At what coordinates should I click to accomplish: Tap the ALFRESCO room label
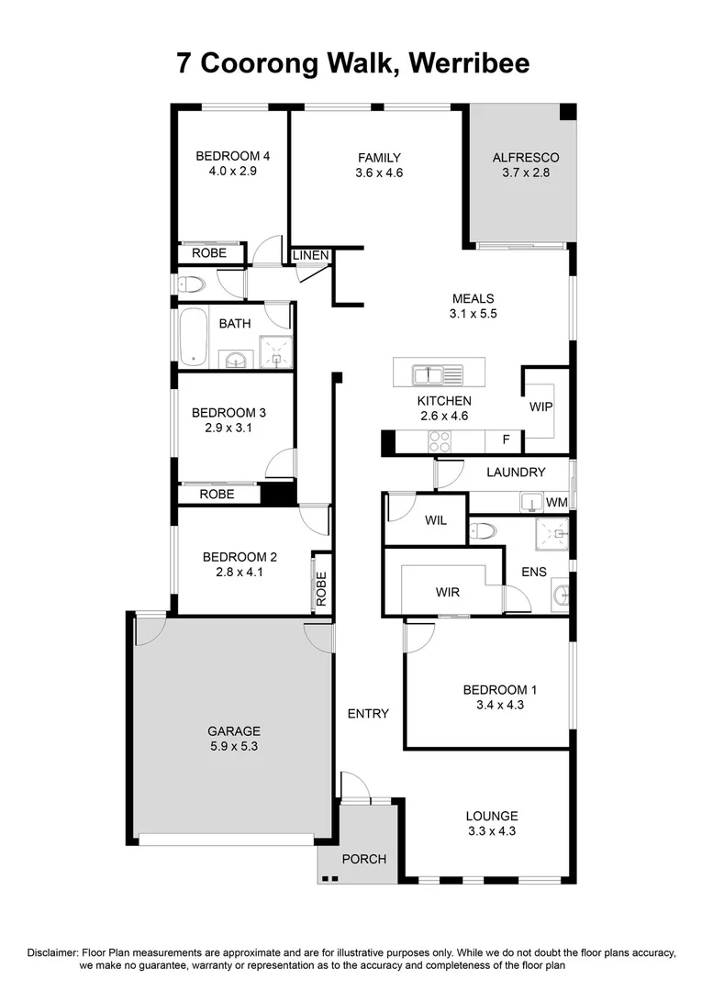click(x=525, y=157)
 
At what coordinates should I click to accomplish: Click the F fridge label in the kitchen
click(x=505, y=440)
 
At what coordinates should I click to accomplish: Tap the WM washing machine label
click(x=556, y=502)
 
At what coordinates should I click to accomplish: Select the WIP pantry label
click(x=540, y=406)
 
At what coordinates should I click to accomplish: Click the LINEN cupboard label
click(x=312, y=255)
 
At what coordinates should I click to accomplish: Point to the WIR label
click(x=447, y=592)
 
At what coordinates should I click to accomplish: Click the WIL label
click(x=435, y=520)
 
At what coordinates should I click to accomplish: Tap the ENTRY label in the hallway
click(x=368, y=713)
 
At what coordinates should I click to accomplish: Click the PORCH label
click(x=363, y=859)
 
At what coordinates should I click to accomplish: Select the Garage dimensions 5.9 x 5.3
click(x=233, y=746)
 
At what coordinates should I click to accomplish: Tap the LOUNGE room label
click(x=492, y=816)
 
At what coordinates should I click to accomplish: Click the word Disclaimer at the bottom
click(x=52, y=952)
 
